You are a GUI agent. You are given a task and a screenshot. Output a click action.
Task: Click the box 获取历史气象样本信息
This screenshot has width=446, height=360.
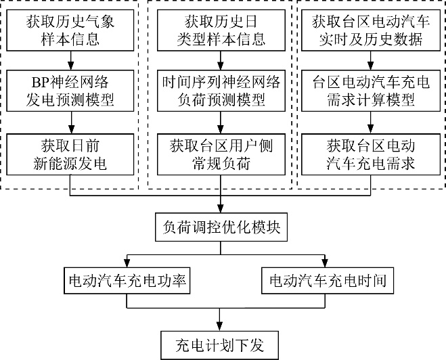tap(70, 30)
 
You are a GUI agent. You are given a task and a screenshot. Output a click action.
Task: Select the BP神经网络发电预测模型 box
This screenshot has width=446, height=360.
tap(70, 91)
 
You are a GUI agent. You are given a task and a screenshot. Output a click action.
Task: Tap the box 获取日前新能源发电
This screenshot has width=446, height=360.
tap(70, 154)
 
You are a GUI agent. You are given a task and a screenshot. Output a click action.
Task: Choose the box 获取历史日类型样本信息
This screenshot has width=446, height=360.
tap(221, 30)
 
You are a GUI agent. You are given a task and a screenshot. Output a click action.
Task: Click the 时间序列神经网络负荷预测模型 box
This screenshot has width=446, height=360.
tap(221, 91)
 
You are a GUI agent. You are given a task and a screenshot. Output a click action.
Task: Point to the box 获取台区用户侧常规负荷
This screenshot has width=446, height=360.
tap(221, 154)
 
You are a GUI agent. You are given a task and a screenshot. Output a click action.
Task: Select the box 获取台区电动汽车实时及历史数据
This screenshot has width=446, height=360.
tap(371, 30)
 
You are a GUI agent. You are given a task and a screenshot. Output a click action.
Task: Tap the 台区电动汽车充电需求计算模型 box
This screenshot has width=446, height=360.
tap(371, 91)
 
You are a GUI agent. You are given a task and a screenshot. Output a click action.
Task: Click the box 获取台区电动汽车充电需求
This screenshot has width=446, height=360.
tap(371, 154)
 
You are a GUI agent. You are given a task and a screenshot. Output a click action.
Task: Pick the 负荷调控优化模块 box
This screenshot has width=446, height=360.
tap(221, 227)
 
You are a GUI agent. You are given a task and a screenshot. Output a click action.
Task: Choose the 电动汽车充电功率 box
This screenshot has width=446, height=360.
tap(127, 280)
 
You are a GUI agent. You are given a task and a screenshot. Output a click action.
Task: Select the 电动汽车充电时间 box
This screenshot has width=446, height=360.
tap(328, 280)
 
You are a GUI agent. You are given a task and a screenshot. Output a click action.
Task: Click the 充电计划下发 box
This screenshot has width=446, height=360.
tap(219, 345)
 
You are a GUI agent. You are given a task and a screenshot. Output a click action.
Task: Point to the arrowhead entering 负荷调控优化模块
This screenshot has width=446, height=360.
tap(221, 208)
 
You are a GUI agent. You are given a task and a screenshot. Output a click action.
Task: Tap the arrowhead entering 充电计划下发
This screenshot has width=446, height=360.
tap(219, 327)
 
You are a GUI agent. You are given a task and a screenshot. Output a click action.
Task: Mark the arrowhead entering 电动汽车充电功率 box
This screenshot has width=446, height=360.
tap(127, 263)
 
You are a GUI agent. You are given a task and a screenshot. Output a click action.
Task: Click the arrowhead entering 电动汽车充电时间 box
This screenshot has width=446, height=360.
tap(325, 263)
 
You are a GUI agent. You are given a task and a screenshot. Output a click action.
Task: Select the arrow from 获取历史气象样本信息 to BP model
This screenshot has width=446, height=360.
tap(71, 61)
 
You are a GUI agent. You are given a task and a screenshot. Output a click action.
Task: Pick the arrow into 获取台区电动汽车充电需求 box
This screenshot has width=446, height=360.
tap(370, 122)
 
